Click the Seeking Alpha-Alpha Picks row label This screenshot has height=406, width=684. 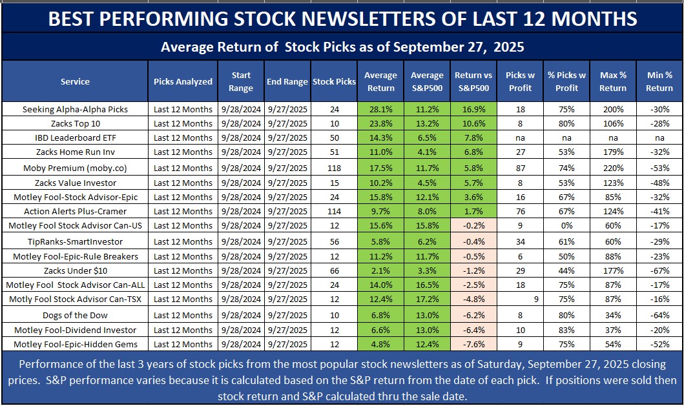click(x=75, y=109)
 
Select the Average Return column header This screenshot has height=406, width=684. click(x=380, y=81)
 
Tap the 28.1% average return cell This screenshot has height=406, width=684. click(x=380, y=109)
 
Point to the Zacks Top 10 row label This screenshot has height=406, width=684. click(x=75, y=123)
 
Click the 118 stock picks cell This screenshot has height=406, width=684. click(x=334, y=167)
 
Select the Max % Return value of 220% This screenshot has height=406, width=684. click(x=613, y=167)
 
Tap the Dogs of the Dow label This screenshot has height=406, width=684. click(x=75, y=315)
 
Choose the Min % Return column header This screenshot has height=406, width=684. click(x=659, y=81)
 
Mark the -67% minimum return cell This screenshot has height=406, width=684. click(x=659, y=270)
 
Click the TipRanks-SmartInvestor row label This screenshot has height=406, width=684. click(x=75, y=241)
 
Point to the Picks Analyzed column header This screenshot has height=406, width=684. click(x=183, y=82)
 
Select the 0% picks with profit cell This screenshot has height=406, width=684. click(x=566, y=226)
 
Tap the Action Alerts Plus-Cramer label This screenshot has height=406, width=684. click(x=75, y=211)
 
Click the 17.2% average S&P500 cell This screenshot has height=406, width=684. click(x=427, y=299)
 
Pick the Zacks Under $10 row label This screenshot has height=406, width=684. click(x=75, y=270)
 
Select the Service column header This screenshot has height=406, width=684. click(x=75, y=82)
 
